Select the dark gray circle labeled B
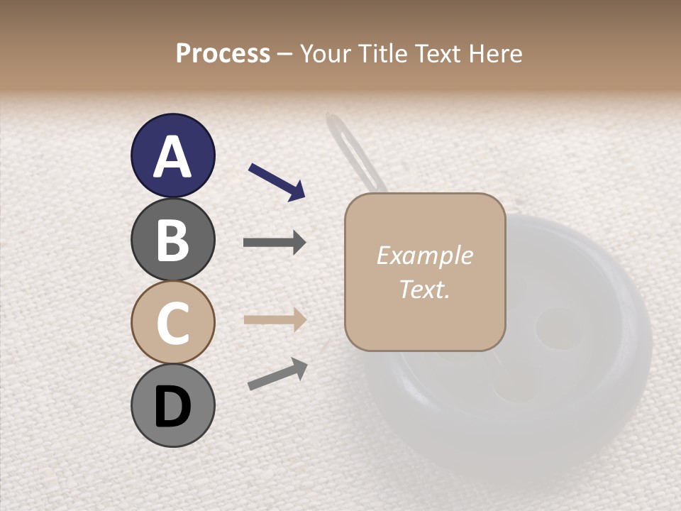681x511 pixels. pyautogui.click(x=172, y=240)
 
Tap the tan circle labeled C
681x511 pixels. pyautogui.click(x=172, y=323)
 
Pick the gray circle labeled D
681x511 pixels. pyautogui.click(x=172, y=406)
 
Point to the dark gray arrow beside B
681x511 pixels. pyautogui.click(x=275, y=243)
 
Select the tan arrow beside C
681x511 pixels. pyautogui.click(x=275, y=320)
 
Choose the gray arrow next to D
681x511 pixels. pyautogui.click(x=277, y=374)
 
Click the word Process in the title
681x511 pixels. pyautogui.click(x=223, y=53)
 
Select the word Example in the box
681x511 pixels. pyautogui.click(x=424, y=255)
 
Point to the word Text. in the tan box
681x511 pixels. pyautogui.click(x=424, y=289)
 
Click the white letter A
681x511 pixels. pyautogui.click(x=172, y=156)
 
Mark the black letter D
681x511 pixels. pyautogui.click(x=172, y=407)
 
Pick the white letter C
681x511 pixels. pyautogui.click(x=172, y=324)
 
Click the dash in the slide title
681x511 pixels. pyautogui.click(x=285, y=54)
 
